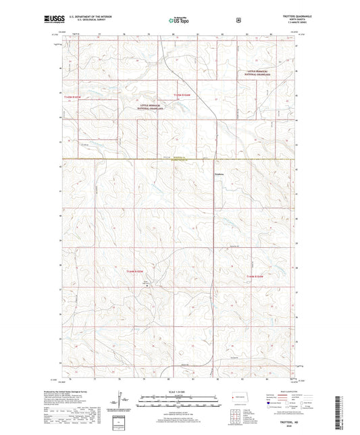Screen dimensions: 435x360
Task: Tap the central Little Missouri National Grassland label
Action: (156, 106)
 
